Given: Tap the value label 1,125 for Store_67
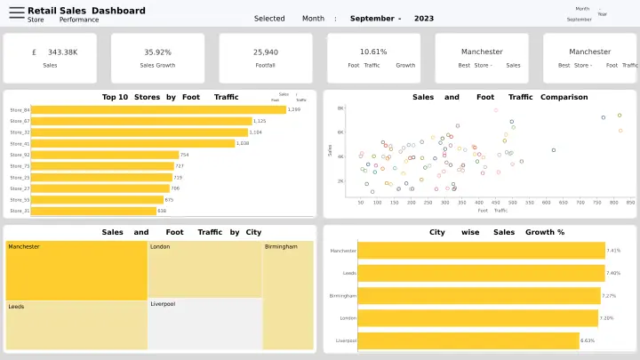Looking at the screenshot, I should [260, 121].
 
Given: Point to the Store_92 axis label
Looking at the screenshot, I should [20, 155].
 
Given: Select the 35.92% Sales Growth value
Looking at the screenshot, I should [157, 52].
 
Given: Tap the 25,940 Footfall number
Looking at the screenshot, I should [265, 52].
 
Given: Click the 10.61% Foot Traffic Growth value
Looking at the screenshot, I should [373, 52].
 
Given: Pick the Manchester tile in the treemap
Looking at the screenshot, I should [76, 270].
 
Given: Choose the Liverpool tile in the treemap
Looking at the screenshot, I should [204, 324].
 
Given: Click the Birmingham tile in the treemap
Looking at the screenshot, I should [288, 294].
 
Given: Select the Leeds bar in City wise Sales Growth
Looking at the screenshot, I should [480, 273].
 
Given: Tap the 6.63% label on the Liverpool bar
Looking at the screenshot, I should [588, 340].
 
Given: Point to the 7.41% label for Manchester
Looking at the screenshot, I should [613, 251].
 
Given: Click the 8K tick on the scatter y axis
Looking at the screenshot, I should [340, 108].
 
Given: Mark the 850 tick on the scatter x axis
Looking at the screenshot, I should [630, 202].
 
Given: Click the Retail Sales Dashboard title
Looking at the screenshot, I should [86, 10].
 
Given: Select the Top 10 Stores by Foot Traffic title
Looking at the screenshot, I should [170, 97].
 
